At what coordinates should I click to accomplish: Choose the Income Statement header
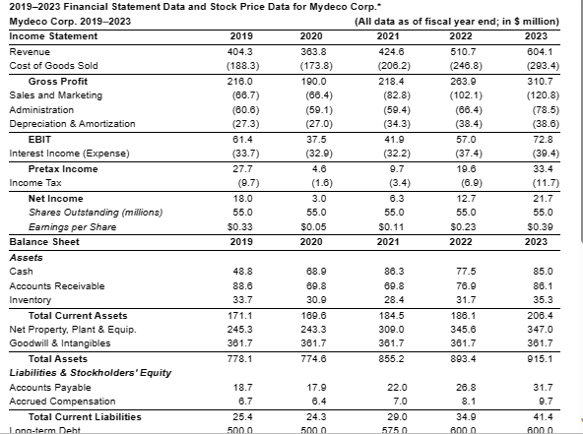[x=53, y=36]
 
